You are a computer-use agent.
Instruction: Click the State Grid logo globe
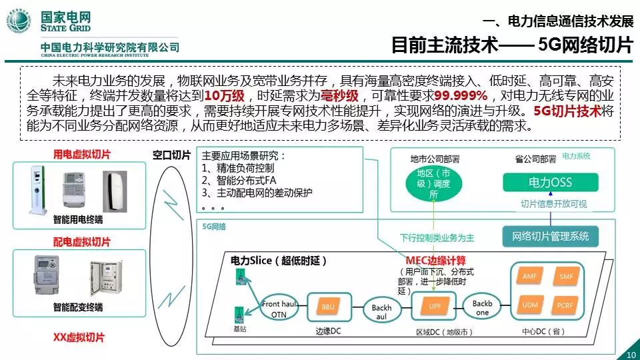[x=20, y=21]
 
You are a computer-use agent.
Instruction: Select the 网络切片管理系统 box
[x=550, y=236]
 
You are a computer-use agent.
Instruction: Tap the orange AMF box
[x=529, y=277]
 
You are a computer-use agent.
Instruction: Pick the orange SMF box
[x=566, y=277]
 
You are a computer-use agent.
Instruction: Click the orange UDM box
[x=529, y=304]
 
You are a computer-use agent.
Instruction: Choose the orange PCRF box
[x=566, y=304]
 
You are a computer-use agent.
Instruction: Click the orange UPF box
[x=434, y=306]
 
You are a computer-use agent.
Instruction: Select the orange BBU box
[x=328, y=307]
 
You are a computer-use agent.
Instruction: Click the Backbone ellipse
[x=482, y=307]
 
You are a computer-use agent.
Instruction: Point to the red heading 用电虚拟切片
[x=82, y=155]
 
